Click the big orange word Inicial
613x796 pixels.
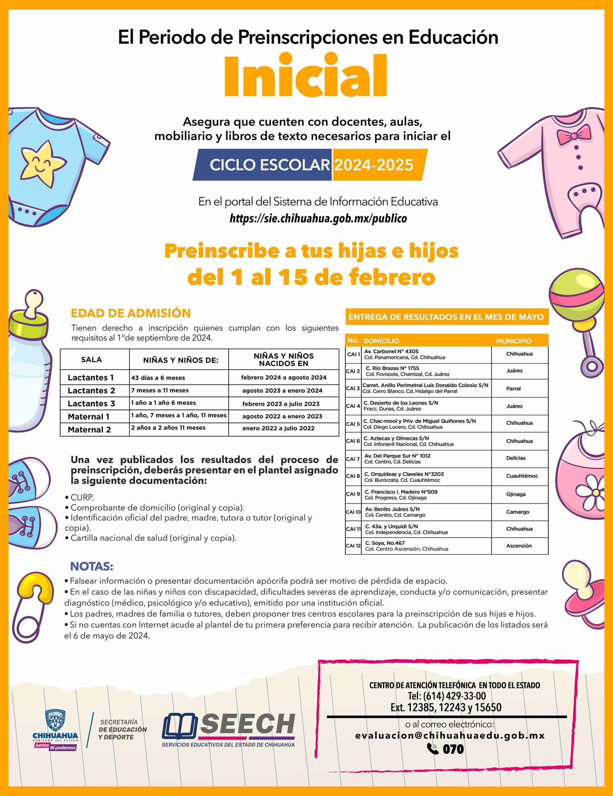305,77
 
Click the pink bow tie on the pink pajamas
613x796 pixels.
574,134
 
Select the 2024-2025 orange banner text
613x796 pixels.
374,165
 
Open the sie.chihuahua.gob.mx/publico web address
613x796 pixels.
318,218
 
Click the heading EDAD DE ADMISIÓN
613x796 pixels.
131,313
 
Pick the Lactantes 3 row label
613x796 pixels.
92,403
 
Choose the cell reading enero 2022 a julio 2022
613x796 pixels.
278,428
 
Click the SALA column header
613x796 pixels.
92,359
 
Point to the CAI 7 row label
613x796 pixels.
353,459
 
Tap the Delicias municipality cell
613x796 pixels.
516,458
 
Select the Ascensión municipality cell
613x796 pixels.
519,546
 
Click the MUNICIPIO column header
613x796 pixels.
514,341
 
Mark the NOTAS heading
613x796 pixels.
92,566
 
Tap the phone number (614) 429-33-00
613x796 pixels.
454,696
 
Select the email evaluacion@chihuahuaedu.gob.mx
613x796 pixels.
450,735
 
